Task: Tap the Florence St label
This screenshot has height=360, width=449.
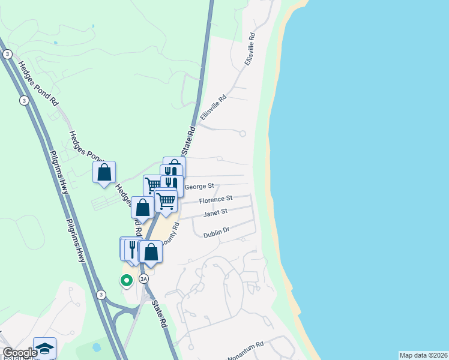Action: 215,199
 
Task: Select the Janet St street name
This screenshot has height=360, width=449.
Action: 215,212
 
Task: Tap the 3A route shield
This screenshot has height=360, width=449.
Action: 143,279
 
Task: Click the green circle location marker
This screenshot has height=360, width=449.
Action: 126,280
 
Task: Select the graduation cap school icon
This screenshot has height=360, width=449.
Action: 44,347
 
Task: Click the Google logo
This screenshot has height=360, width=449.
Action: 19,353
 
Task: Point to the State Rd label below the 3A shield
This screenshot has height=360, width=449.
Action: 159,313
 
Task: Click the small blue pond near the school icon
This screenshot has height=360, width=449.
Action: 97,347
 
